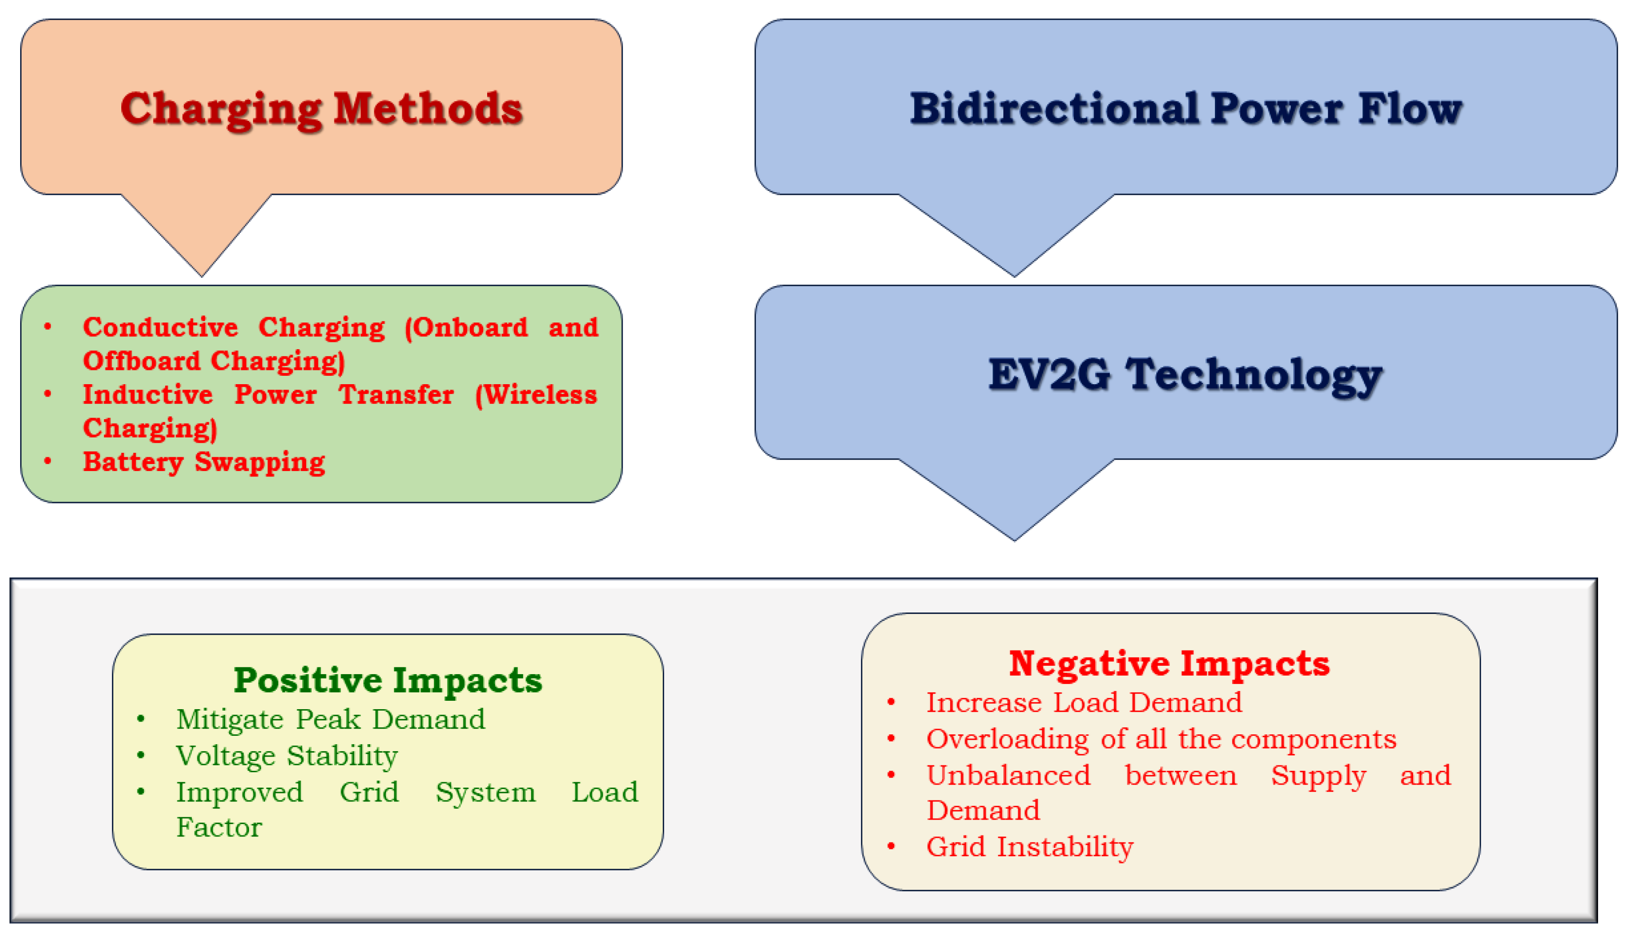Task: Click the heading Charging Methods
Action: click(321, 108)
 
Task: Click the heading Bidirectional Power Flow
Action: click(1185, 108)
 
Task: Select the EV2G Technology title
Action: click(1185, 374)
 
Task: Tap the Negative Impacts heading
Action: click(1169, 663)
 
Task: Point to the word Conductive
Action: click(160, 327)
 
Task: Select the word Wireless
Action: click(541, 395)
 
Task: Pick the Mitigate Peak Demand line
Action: click(330, 719)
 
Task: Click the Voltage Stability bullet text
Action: click(286, 756)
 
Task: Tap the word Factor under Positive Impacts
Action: click(219, 827)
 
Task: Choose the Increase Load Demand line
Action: click(1084, 702)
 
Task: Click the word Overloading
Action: click(1008, 739)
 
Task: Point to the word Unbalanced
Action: click(1008, 775)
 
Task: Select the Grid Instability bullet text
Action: click(1030, 846)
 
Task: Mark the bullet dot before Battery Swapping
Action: click(48, 461)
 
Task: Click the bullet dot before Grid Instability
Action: click(891, 846)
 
